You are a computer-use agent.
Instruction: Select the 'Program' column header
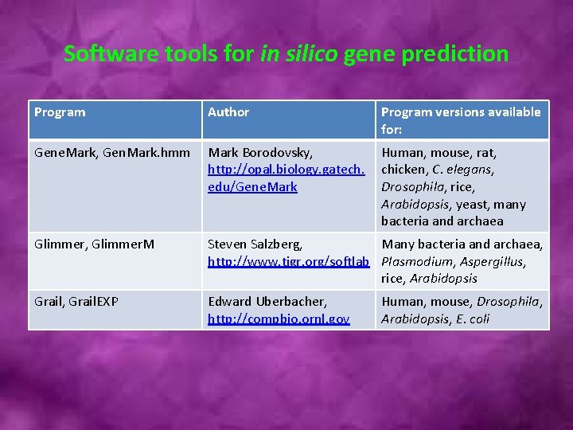60,112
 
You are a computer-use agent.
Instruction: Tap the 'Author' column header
228,112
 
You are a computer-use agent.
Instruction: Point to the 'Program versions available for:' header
460,120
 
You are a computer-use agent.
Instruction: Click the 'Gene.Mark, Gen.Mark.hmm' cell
112,152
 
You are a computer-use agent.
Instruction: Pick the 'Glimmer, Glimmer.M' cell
95,244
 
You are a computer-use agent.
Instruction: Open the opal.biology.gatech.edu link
286,178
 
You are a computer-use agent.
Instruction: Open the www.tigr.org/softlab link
290,261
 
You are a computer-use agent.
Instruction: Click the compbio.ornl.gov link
279,319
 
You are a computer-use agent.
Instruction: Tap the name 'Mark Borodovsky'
259,152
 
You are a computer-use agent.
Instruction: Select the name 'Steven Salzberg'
254,244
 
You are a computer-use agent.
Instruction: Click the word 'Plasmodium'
414,261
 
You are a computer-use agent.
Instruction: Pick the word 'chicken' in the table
403,169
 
